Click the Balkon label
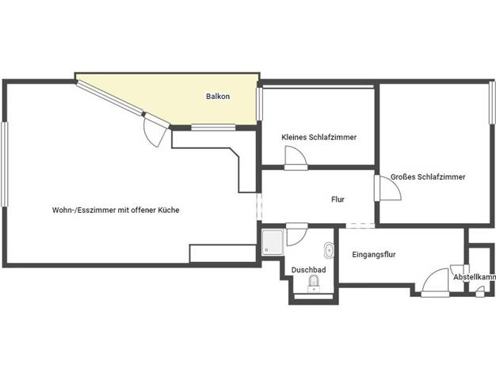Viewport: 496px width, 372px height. coord(218,97)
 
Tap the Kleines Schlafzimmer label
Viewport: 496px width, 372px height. coord(319,137)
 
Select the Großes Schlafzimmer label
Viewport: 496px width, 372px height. coord(428,177)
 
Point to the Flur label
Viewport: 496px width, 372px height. coord(338,199)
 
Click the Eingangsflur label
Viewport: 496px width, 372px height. coord(374,254)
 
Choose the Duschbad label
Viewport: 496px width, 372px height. coord(308,270)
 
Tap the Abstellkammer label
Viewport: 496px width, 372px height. coord(475,277)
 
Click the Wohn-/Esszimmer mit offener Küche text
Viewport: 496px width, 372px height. coord(116,210)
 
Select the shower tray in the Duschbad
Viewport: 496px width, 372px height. coord(273,242)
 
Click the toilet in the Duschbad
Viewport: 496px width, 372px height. coord(314,283)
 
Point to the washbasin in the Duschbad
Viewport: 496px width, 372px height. coord(329,250)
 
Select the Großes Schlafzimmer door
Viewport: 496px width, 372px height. coord(388,188)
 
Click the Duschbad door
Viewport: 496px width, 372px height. coord(296,234)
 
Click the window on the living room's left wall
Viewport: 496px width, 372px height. coord(4,165)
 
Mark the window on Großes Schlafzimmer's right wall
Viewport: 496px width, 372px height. coord(492,103)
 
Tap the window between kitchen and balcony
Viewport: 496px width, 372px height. coord(213,127)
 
